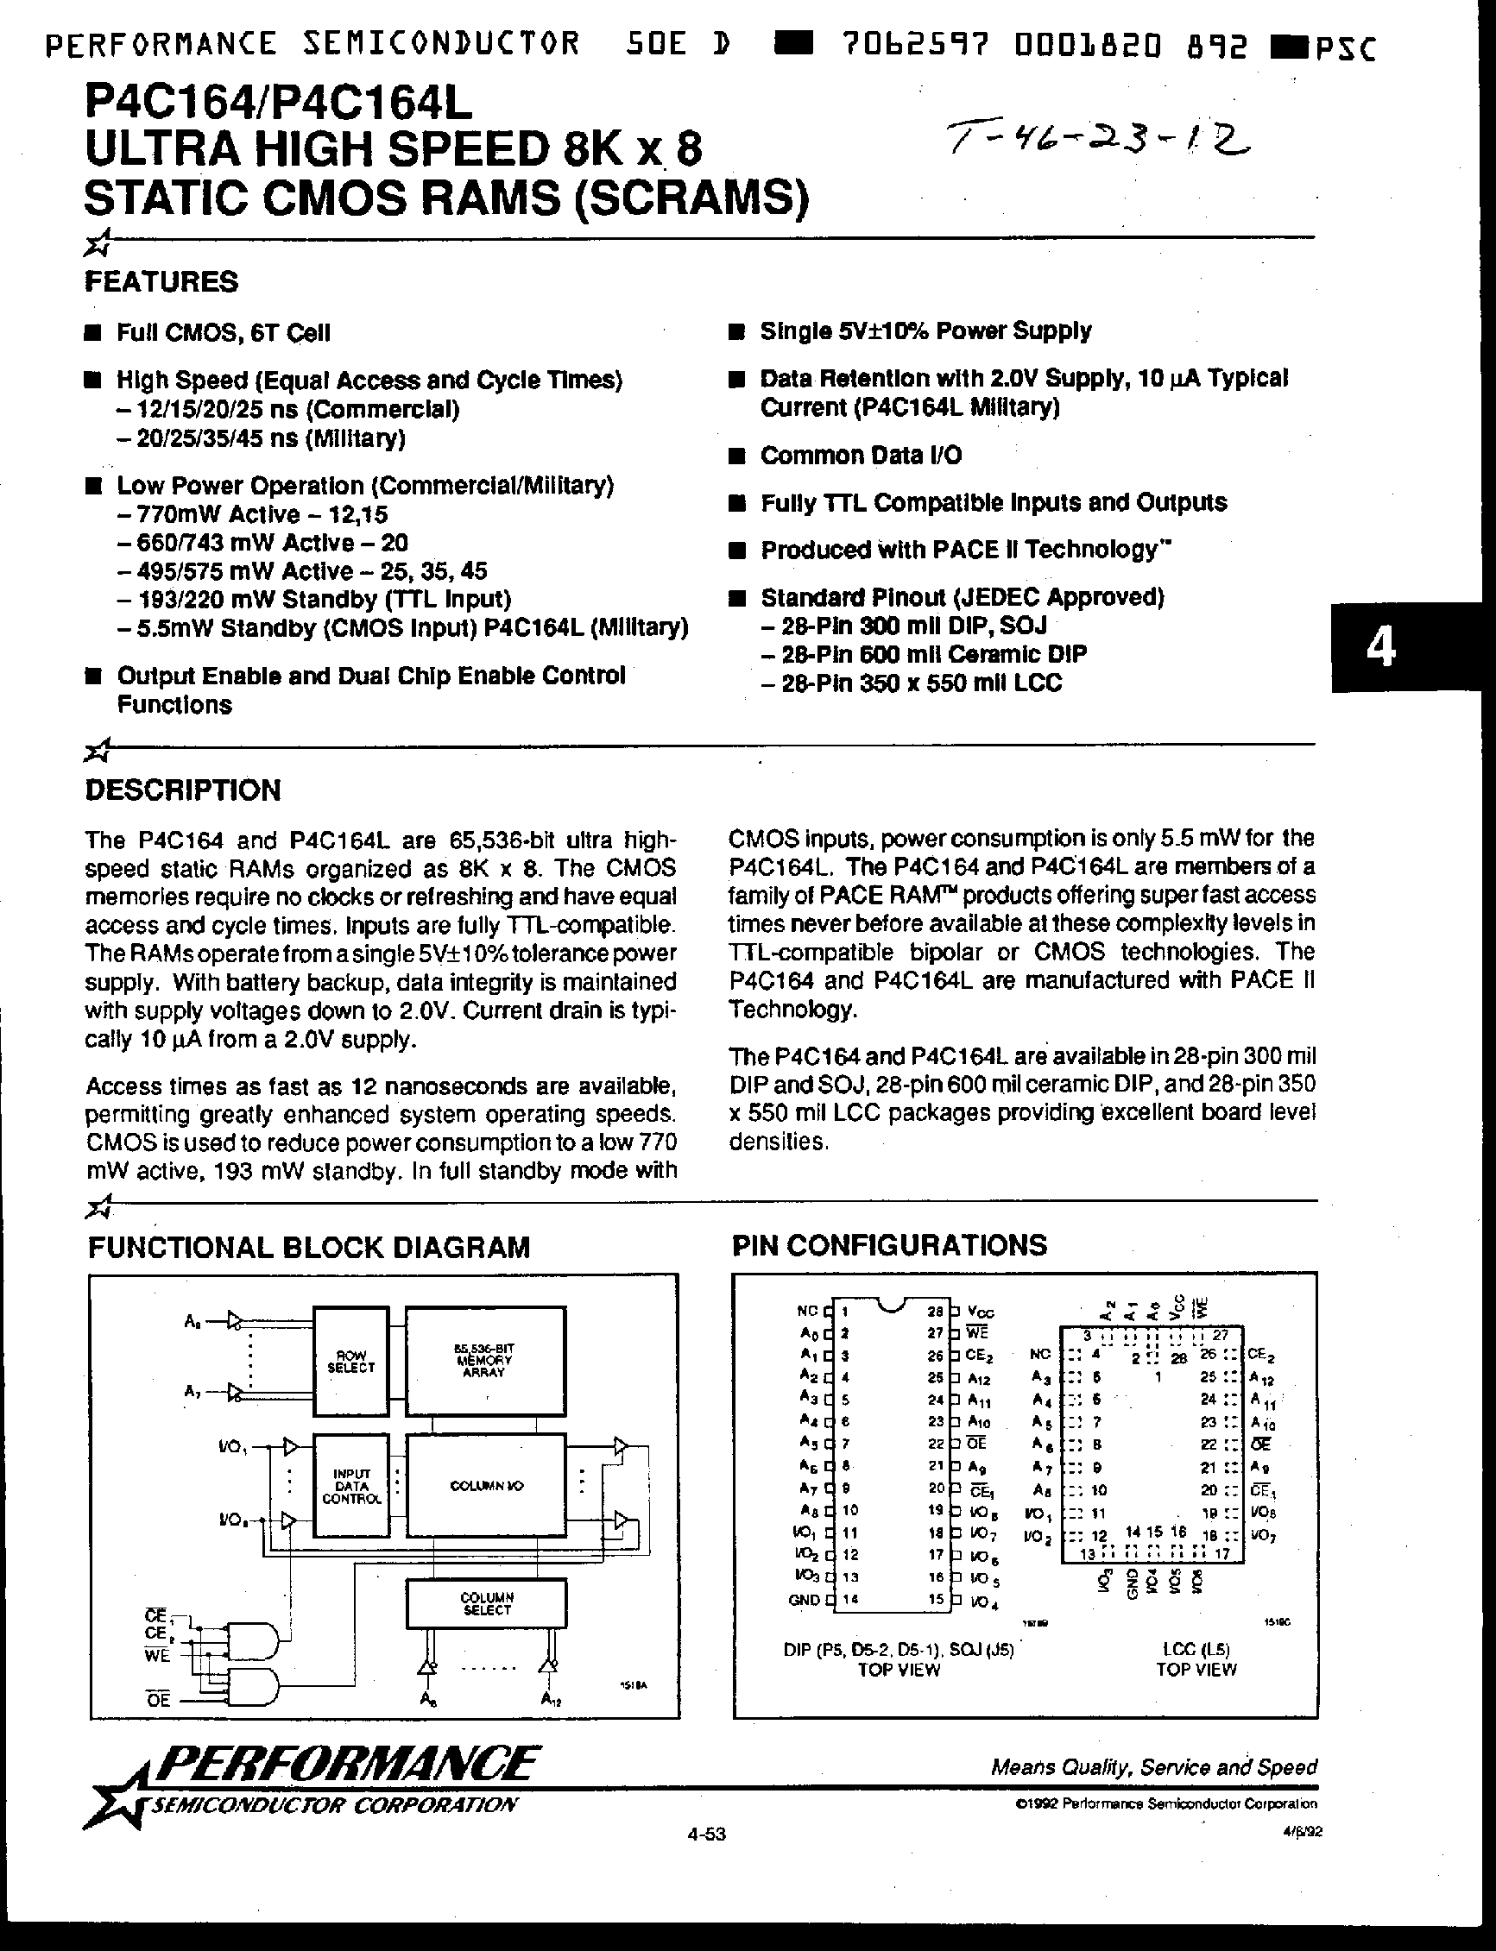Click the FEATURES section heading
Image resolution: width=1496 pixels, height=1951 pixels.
click(161, 282)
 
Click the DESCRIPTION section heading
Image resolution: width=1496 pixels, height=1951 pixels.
click(182, 790)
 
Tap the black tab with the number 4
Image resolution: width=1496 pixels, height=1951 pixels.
click(1381, 648)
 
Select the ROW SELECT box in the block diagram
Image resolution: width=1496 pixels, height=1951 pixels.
click(350, 1362)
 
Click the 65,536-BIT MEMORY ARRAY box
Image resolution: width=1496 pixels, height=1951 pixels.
click(485, 1360)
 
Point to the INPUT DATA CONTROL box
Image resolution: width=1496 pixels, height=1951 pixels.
click(350, 1486)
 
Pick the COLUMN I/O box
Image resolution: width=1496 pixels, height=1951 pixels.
click(485, 1486)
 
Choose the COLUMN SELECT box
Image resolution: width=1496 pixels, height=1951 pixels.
click(486, 1603)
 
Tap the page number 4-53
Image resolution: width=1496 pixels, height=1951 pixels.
click(707, 1835)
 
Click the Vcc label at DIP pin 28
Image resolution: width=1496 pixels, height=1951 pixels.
click(981, 1312)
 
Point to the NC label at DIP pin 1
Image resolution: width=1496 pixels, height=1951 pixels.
click(807, 1311)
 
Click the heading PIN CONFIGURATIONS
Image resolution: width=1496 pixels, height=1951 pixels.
click(888, 1244)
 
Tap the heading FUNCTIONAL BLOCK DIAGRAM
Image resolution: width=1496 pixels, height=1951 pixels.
click(309, 1247)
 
